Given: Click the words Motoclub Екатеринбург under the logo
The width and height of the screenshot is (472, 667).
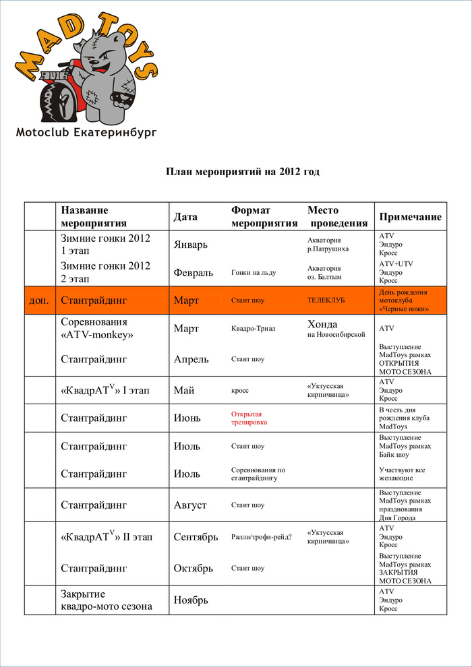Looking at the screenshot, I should click(86, 133).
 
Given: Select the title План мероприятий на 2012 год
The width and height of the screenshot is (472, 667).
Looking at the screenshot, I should click(243, 172).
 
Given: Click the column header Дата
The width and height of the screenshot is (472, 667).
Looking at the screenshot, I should click(185, 217).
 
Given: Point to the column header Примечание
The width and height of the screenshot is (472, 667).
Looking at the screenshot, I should click(411, 217).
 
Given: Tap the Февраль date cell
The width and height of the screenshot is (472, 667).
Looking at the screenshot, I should click(194, 272).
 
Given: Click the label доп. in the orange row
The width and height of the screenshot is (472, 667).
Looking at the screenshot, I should click(39, 300).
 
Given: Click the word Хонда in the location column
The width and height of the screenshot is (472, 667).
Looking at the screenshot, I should click(322, 324).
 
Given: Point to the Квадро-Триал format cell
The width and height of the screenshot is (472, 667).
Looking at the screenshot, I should click(254, 329).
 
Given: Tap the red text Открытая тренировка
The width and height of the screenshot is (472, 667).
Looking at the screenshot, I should click(249, 418).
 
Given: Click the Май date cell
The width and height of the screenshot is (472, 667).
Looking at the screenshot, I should click(185, 390).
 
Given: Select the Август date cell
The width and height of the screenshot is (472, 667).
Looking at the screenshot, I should click(190, 505).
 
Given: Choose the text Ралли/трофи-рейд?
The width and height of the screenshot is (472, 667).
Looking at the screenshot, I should click(262, 537).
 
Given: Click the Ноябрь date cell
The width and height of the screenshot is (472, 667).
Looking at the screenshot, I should click(191, 600).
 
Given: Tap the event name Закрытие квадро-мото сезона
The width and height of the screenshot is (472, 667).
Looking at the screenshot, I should click(106, 600).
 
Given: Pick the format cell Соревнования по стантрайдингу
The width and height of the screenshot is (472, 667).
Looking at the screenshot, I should click(258, 474).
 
